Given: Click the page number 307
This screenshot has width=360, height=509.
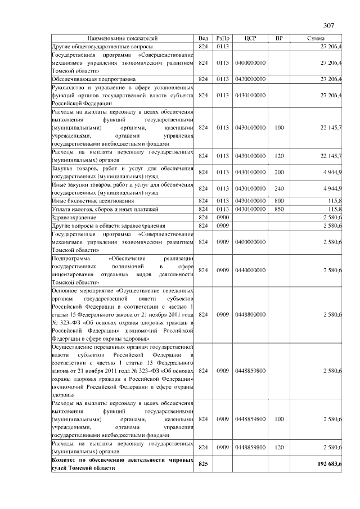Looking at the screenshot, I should click(329, 25).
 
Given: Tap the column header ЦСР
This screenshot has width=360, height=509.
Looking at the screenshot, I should click(251, 38).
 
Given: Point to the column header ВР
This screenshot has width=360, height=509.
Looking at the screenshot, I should click(279, 38).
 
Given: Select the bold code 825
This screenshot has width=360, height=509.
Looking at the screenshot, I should click(203, 464).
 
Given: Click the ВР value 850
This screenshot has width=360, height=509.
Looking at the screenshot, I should click(279, 209).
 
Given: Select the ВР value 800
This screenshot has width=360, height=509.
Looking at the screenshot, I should click(279, 201).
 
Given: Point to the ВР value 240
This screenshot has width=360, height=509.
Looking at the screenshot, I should click(279, 188).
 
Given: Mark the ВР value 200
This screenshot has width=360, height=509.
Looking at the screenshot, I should click(279, 172).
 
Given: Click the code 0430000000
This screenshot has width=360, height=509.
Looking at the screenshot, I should click(251, 80).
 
